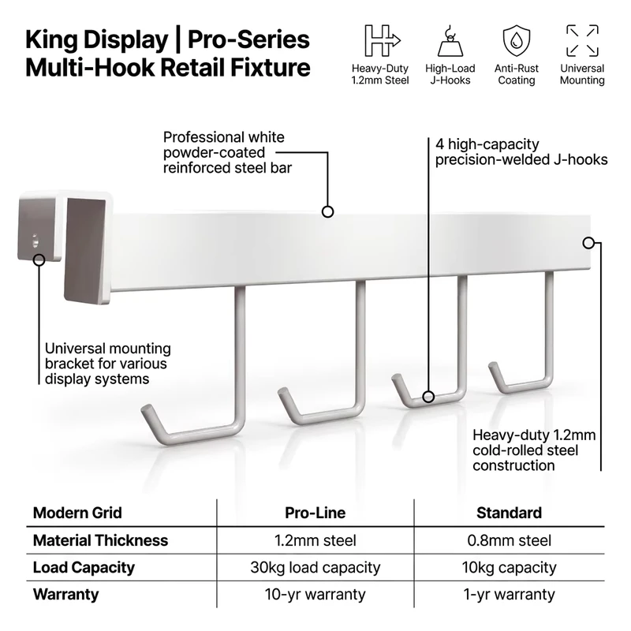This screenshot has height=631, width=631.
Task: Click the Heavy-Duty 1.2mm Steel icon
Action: tap(383, 40)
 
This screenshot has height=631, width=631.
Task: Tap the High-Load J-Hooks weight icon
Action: tap(450, 41)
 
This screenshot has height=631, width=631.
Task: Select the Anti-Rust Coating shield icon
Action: tap(517, 41)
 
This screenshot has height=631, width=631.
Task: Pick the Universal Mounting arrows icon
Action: tap(582, 41)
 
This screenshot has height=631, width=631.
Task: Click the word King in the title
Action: tap(51, 41)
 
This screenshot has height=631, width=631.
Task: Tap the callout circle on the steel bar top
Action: tap(327, 211)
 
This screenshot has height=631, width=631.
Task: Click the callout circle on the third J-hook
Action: tap(428, 397)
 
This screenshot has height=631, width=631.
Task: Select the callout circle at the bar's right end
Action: tap(588, 243)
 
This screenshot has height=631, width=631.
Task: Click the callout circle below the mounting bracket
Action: tap(39, 260)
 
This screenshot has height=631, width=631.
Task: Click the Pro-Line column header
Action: tap(315, 513)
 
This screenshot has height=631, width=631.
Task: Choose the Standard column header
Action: tap(509, 513)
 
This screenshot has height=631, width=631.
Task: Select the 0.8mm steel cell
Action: tap(509, 540)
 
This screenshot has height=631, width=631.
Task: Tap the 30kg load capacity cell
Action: tap(315, 567)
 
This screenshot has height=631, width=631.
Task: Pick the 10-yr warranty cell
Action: tap(315, 595)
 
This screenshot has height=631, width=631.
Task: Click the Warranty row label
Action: tap(65, 595)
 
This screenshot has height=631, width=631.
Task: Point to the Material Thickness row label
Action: tap(100, 540)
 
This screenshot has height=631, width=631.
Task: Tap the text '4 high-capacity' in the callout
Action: tap(487, 144)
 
